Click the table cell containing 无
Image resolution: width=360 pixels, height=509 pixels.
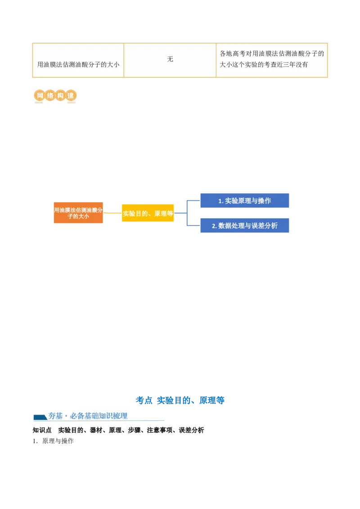(170, 59)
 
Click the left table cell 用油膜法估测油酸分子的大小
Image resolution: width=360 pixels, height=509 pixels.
(78, 64)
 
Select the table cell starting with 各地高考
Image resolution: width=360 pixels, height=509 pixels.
(272, 59)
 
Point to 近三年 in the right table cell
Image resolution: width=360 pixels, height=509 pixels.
(283, 65)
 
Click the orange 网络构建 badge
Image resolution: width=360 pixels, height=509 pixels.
(54, 95)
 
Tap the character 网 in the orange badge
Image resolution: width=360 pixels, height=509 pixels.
(40, 95)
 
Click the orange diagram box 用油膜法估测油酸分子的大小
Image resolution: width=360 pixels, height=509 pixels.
(78, 213)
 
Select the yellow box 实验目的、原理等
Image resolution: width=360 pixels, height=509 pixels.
(148, 214)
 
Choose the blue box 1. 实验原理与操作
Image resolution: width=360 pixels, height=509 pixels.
(245, 201)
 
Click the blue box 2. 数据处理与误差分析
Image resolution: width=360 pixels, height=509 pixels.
(245, 226)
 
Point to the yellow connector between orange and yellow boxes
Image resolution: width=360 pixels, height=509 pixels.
(112, 213)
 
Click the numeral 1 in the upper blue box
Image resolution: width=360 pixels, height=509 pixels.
(220, 201)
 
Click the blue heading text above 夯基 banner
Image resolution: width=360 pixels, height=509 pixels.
(180, 400)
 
